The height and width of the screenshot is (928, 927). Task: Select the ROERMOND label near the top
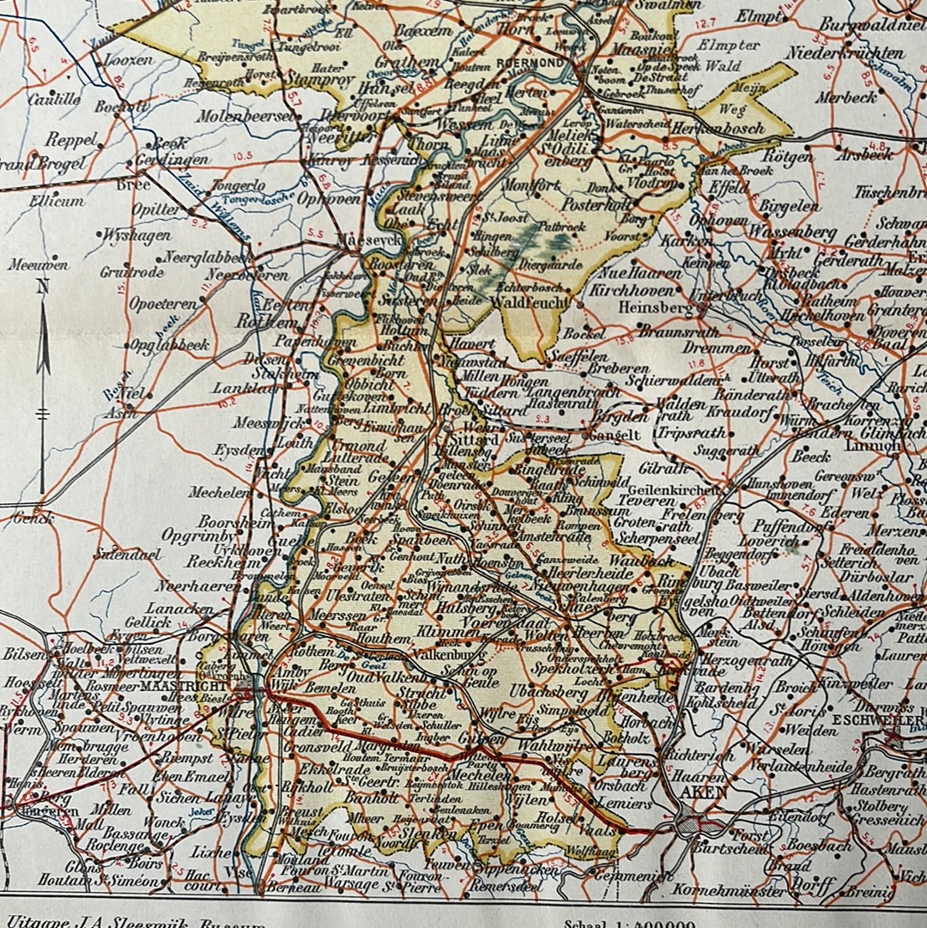533,64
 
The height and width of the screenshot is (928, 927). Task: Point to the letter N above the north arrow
42,287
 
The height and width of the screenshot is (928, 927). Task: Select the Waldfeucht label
530,301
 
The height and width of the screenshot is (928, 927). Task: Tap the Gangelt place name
612,434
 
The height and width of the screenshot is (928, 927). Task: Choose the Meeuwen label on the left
38,264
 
